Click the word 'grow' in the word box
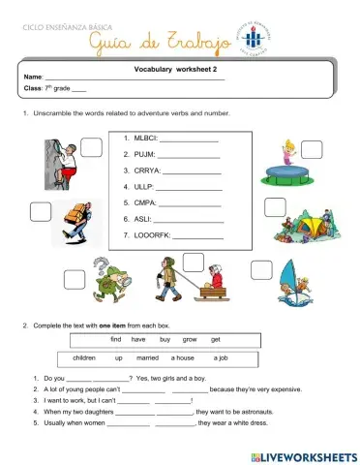pos(190,339)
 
